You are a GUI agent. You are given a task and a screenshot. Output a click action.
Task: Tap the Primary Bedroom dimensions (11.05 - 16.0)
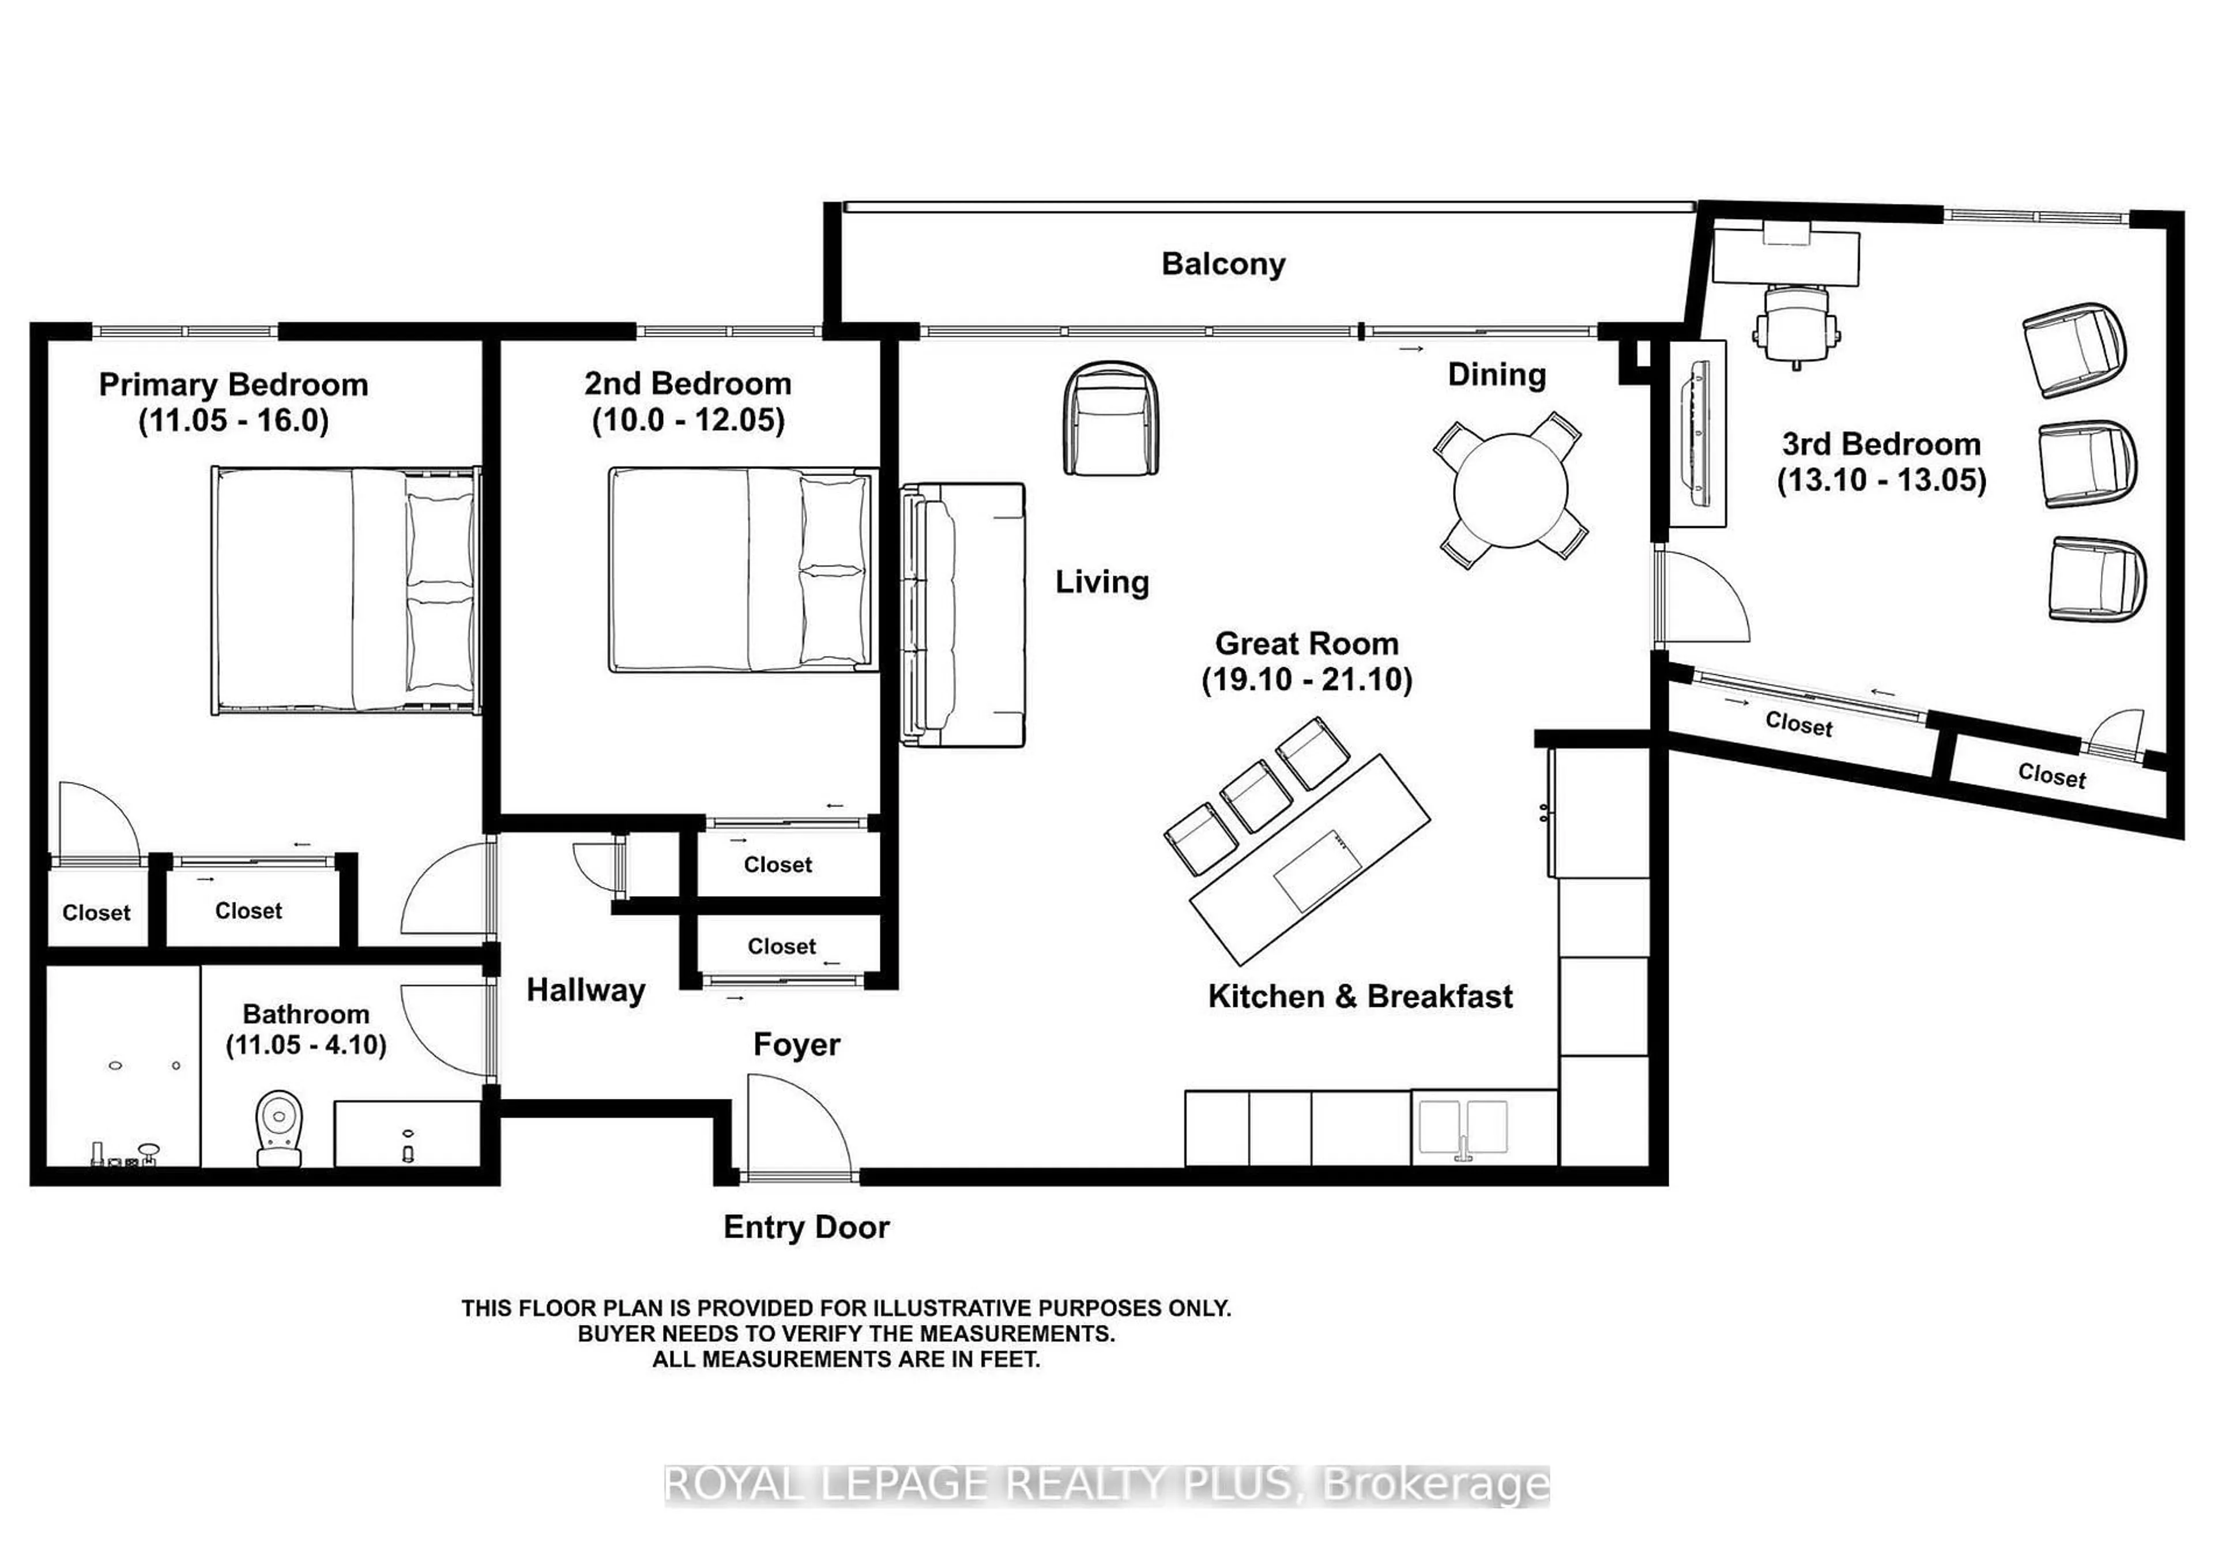234,421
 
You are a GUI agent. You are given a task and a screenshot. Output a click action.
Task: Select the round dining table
1510,490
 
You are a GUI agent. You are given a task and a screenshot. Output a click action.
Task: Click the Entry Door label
806,1228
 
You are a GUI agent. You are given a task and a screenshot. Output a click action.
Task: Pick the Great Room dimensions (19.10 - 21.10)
1306,680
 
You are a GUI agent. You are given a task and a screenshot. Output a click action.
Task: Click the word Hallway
585,991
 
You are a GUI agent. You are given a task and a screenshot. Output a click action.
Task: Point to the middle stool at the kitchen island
1256,796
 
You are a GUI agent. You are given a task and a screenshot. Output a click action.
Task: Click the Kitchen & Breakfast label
1360,996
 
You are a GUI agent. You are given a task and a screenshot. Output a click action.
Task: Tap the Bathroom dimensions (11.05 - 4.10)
306,1045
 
